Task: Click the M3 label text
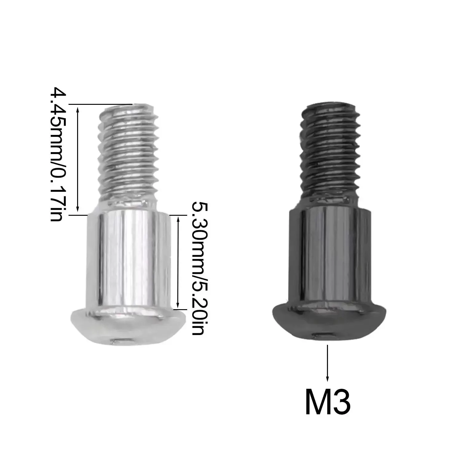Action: (328, 402)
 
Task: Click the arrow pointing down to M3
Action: (328, 363)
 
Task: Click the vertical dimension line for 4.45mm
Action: (78, 160)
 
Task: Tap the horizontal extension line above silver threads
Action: (101, 104)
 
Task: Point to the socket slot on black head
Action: (321, 336)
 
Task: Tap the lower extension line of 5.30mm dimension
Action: (178, 309)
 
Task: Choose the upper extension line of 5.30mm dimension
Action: (178, 215)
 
